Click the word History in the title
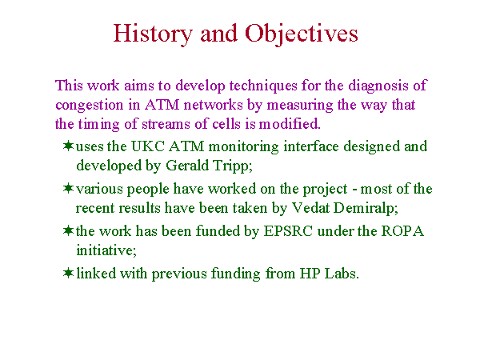(x=153, y=34)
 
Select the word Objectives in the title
(x=302, y=34)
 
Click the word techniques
(x=263, y=86)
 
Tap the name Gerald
(x=187, y=166)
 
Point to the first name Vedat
(x=310, y=208)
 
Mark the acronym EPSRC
(x=288, y=231)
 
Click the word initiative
(x=105, y=250)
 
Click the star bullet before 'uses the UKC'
(x=68, y=146)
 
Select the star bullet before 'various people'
(x=68, y=188)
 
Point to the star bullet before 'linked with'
(x=68, y=273)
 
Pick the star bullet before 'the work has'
(x=68, y=230)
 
